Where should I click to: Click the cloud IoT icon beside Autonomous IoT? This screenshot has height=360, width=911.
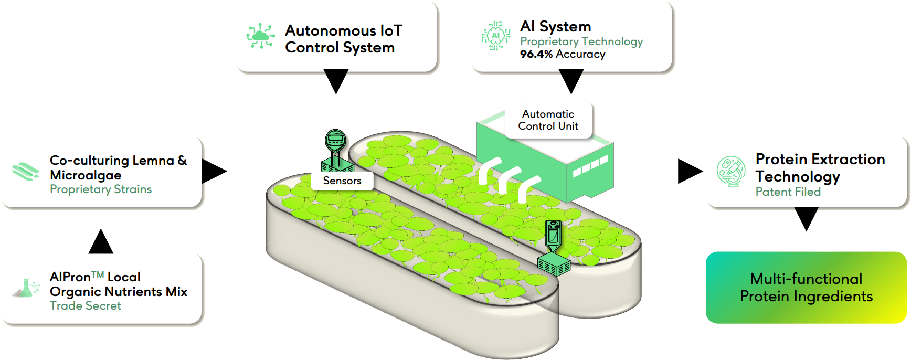(260, 36)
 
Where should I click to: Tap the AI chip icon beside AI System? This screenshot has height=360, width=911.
(495, 36)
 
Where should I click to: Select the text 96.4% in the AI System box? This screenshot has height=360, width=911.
(536, 54)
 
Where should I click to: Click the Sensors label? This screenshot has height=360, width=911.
(342, 181)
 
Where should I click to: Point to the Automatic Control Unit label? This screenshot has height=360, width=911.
(548, 120)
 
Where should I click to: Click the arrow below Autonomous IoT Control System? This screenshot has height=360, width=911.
(336, 80)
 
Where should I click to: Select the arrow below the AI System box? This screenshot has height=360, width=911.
(571, 80)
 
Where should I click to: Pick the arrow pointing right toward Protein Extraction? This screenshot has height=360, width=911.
(689, 171)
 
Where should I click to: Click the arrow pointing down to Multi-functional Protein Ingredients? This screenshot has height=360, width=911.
(807, 217)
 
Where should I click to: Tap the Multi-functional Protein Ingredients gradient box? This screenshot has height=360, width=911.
(806, 288)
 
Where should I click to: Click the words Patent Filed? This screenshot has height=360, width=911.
(788, 192)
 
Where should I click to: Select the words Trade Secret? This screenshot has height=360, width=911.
(86, 306)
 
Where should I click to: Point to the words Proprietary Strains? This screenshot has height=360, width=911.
(101, 189)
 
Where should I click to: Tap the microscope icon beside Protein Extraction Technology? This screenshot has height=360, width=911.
(731, 171)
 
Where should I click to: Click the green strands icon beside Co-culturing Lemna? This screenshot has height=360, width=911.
(25, 171)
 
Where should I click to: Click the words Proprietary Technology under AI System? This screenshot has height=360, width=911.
(581, 41)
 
